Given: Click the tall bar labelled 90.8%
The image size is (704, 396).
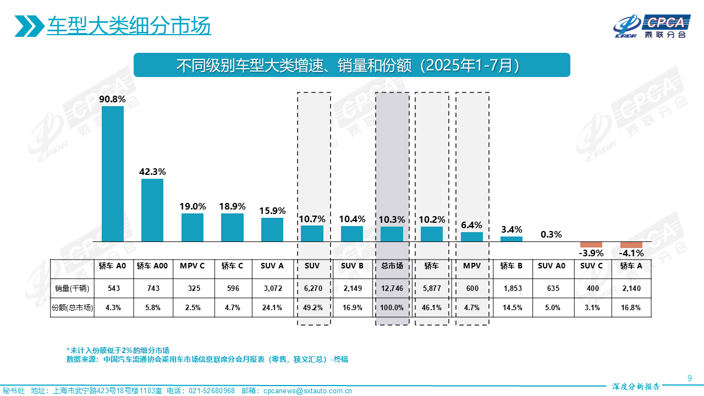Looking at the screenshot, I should click(x=113, y=174).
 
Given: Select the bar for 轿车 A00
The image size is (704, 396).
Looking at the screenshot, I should click(x=152, y=210).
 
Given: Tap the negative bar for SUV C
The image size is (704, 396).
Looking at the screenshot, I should click(x=591, y=245).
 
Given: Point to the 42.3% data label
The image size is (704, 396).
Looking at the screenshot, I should click(x=152, y=172).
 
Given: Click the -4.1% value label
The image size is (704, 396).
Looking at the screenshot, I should click(x=631, y=254).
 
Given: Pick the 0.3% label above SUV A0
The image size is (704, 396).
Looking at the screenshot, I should click(x=551, y=234).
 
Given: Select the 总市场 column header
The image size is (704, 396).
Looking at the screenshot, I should click(x=392, y=266).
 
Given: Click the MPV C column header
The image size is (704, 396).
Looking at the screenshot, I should click(x=193, y=266).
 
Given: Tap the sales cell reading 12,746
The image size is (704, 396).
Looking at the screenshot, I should click(x=392, y=288).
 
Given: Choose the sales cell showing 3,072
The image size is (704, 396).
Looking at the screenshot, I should click(x=272, y=288).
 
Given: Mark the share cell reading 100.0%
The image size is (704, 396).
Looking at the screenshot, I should click(x=392, y=307).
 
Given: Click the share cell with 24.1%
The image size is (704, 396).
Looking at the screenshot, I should click(x=272, y=307).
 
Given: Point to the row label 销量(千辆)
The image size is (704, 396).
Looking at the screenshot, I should click(x=72, y=288).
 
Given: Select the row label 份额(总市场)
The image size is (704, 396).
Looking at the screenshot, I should click(x=72, y=307).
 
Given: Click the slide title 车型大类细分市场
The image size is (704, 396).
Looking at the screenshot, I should click(x=129, y=26).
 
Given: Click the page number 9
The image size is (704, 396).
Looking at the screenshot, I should click(x=690, y=378).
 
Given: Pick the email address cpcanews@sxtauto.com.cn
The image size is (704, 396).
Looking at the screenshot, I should click(x=307, y=391).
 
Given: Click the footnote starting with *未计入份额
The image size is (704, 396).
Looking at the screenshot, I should click(x=118, y=350).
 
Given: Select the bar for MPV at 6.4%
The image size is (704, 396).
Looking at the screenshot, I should click(x=472, y=237).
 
